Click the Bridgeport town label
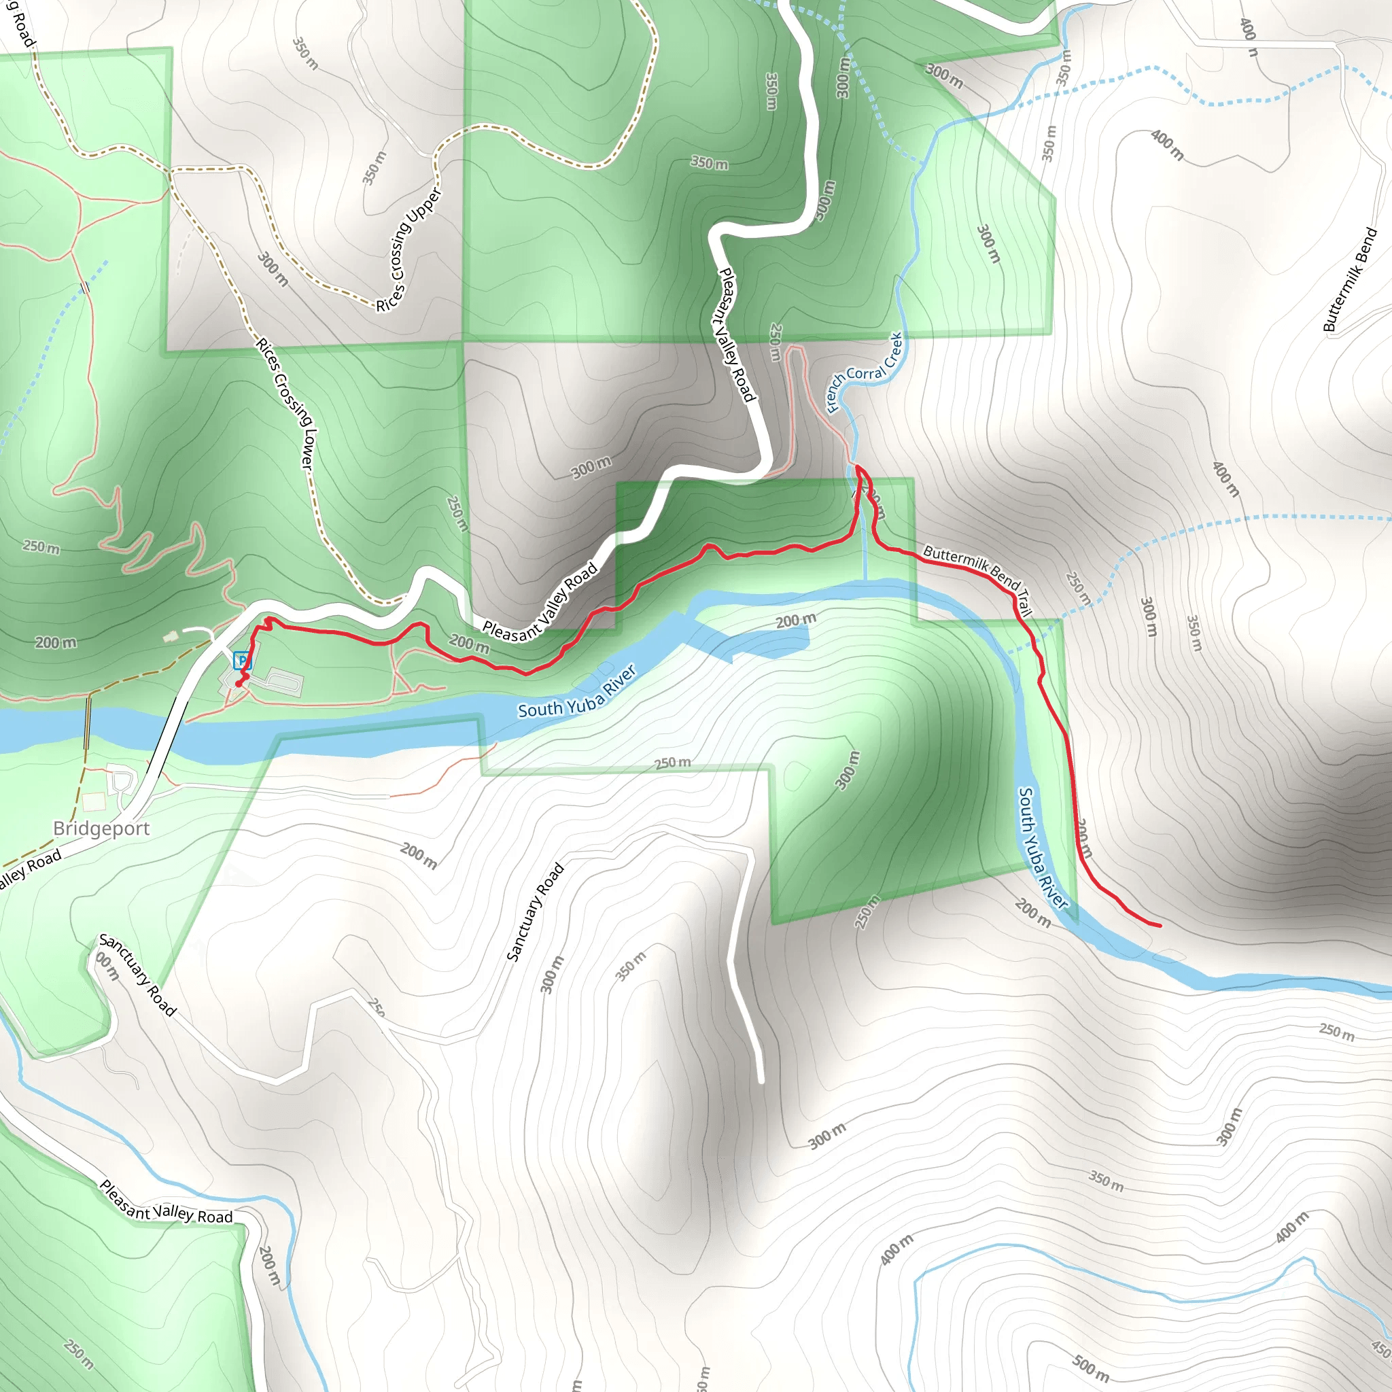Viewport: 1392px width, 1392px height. point(101,829)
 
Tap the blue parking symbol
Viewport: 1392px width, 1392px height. point(242,659)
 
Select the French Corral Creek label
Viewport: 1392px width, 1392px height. point(865,372)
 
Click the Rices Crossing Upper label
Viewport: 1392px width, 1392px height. point(408,250)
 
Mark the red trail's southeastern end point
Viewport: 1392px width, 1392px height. point(1160,926)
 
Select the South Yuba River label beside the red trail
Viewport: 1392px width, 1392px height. point(1042,848)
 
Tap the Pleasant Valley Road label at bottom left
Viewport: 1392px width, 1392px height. point(166,1202)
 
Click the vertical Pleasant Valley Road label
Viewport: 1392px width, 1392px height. point(737,334)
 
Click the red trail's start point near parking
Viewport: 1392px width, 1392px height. point(239,684)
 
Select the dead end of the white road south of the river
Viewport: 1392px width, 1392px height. point(761,1081)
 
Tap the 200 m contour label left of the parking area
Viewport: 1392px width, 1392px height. point(56,642)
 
